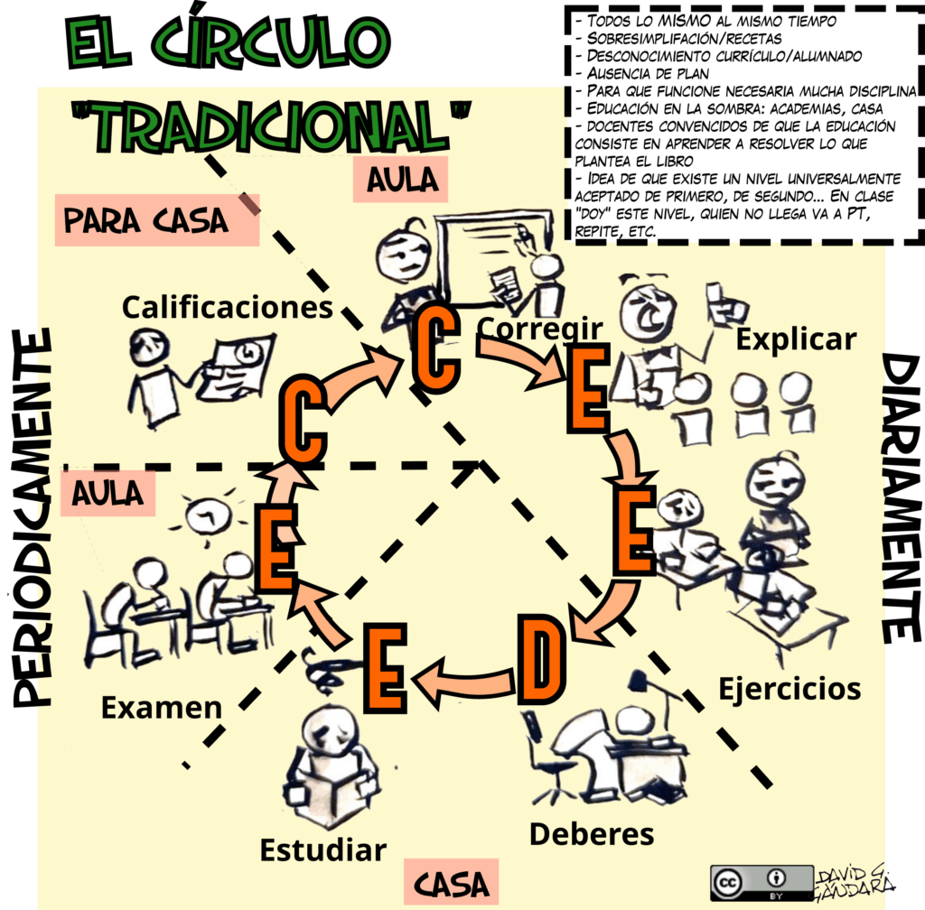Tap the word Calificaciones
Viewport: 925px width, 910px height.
pos(228,307)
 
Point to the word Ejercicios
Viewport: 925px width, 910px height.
pos(790,689)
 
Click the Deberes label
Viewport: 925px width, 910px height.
pos(592,833)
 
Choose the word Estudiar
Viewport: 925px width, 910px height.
pos(323,850)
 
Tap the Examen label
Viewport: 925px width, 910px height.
pos(162,707)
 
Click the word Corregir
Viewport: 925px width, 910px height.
pos(540,328)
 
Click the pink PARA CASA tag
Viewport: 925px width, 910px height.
pos(157,220)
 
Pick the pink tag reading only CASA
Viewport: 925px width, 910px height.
pos(452,882)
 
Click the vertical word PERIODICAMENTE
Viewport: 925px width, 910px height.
pos(33,518)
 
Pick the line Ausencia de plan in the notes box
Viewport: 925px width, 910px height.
pos(640,73)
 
